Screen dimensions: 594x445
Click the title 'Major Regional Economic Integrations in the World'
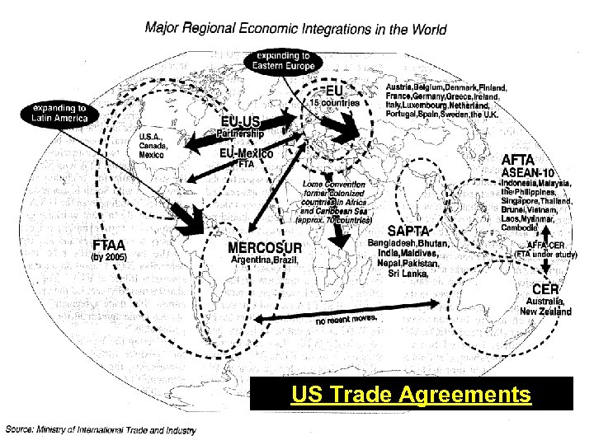tap(295, 29)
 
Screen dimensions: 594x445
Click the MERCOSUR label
tap(265, 248)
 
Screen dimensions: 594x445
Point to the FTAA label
tap(109, 245)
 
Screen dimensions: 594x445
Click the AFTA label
tap(518, 159)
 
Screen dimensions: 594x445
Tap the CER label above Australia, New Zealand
tap(545, 289)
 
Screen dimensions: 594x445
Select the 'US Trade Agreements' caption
tap(411, 396)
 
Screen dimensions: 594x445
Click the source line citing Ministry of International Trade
tap(101, 429)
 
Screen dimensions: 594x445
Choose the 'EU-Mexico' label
tap(247, 153)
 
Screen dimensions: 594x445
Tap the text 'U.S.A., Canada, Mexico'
tap(153, 146)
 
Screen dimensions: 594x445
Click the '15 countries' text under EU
tap(335, 103)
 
